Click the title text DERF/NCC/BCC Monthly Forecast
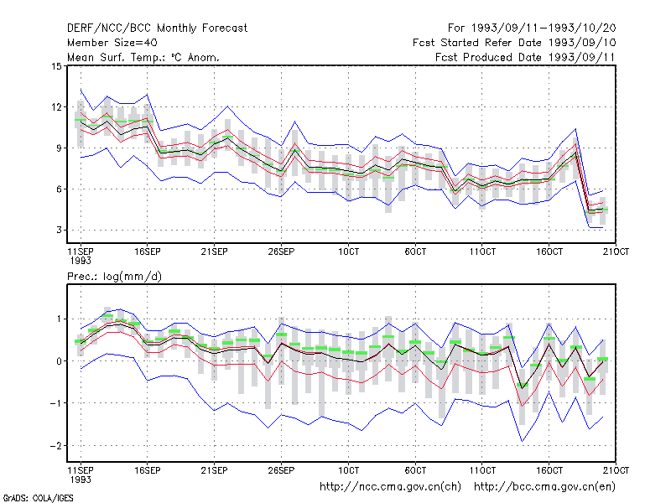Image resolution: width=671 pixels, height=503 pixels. pyautogui.click(x=157, y=29)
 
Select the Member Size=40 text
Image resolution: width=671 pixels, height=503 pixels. pyautogui.click(x=112, y=43)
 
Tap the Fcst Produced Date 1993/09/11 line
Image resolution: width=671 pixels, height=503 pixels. pyautogui.click(x=525, y=57)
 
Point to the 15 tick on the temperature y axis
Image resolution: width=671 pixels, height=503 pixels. pyautogui.click(x=56, y=66)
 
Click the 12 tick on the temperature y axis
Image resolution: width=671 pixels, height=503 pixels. pyautogui.click(x=56, y=107)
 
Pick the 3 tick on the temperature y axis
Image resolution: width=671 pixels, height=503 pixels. pyautogui.click(x=59, y=230)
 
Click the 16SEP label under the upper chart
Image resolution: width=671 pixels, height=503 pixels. pyautogui.click(x=148, y=251)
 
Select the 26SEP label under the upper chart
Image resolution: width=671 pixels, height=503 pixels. pyautogui.click(x=281, y=251)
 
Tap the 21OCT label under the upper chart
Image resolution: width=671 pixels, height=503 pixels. pyautogui.click(x=616, y=251)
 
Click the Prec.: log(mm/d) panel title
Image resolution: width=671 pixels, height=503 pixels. pyautogui.click(x=114, y=277)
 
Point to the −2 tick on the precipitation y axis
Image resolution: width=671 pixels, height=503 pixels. pyautogui.click(x=56, y=446)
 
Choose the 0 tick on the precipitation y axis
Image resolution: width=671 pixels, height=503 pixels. pyautogui.click(x=59, y=361)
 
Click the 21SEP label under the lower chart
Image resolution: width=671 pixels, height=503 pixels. pyautogui.click(x=214, y=470)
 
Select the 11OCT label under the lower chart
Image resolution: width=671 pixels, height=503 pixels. pyautogui.click(x=482, y=470)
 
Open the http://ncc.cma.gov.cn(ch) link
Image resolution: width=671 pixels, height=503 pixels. pyautogui.click(x=390, y=487)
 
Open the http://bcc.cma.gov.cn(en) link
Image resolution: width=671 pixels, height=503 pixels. pyautogui.click(x=544, y=487)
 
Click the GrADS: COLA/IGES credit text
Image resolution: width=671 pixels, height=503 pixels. pyautogui.click(x=38, y=498)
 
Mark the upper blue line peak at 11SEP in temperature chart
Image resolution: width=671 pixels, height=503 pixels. pyautogui.click(x=81, y=90)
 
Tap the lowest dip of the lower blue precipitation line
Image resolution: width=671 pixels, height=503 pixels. pyautogui.click(x=522, y=441)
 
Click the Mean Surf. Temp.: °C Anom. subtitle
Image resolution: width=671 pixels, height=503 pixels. pyautogui.click(x=143, y=57)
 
